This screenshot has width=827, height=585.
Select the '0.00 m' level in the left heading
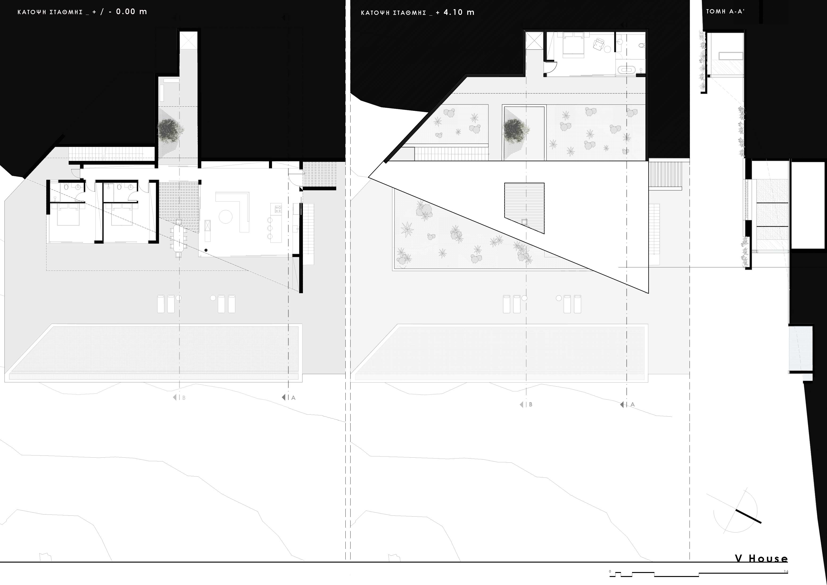(132, 12)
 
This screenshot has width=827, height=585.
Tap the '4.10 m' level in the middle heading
(459, 12)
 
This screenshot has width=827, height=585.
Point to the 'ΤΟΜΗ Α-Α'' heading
(725, 12)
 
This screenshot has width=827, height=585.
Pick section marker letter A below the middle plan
(633, 404)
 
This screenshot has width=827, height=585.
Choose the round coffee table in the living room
(225, 217)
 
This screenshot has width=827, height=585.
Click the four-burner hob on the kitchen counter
(278, 209)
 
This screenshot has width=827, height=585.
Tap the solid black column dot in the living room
(206, 250)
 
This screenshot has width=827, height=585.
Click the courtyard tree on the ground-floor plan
(170, 130)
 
